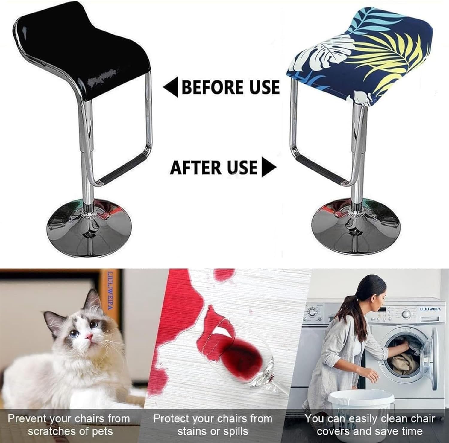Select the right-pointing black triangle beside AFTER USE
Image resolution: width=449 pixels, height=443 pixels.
(268, 168)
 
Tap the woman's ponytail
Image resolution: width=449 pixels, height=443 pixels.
(358, 296)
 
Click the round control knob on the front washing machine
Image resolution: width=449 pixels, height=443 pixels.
(406, 314)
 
